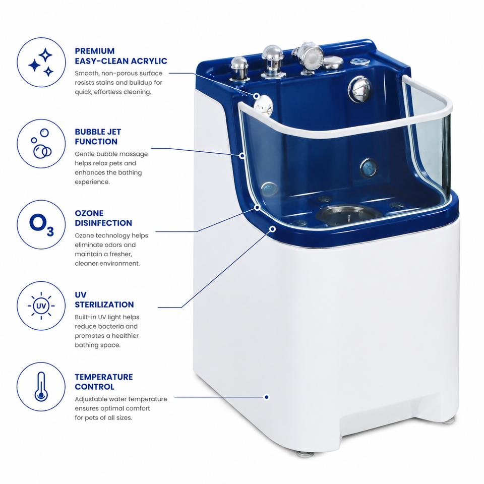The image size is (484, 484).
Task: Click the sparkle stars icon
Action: [41, 63]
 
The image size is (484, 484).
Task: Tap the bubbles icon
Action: [41, 144]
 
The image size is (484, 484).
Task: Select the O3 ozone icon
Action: [41, 225]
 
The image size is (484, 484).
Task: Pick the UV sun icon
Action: [41, 306]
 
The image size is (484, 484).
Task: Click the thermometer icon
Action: [41, 387]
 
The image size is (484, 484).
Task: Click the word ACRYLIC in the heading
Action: [149, 61]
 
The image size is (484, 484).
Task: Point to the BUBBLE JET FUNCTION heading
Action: [98, 137]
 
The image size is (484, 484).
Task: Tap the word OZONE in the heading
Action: [89, 213]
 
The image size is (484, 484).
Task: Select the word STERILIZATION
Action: [104, 305]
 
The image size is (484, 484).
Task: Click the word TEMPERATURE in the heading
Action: [104, 377]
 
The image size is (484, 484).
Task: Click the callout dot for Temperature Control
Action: [267, 397]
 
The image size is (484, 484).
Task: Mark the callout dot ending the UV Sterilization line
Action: [273, 229]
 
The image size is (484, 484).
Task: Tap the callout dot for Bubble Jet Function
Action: [243, 156]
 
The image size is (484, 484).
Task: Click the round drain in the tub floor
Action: [348, 214]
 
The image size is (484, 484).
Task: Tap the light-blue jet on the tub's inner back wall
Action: [369, 168]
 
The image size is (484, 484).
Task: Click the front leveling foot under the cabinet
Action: [305, 454]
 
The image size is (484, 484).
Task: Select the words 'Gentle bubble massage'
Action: [111, 154]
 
